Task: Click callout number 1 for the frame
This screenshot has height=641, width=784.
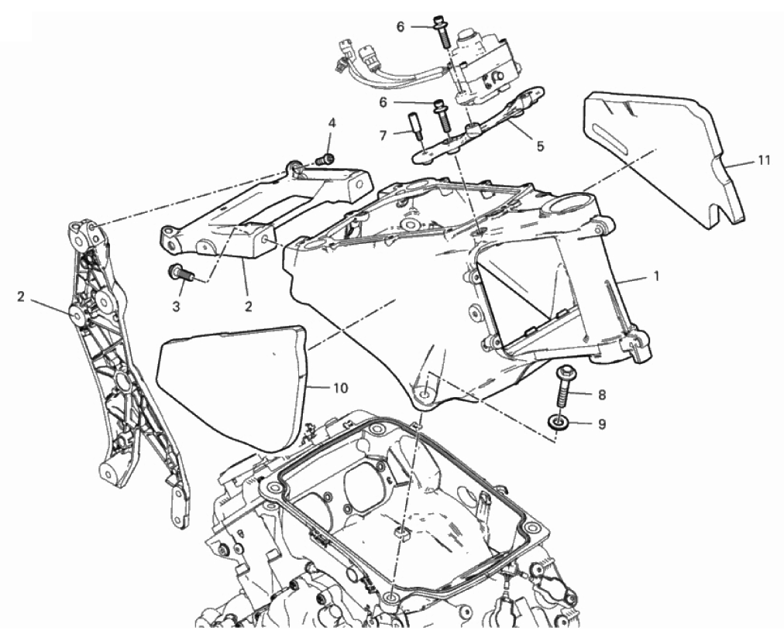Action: [656, 276]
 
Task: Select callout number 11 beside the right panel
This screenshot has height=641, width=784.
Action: [764, 160]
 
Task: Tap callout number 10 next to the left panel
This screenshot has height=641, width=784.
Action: [341, 388]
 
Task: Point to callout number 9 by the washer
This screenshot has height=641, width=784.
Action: [602, 424]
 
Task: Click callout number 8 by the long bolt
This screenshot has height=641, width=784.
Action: [602, 395]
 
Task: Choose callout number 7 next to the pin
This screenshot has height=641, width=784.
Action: [383, 135]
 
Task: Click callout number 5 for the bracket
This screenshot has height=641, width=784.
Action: [539, 146]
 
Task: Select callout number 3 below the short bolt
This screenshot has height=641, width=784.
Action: [176, 307]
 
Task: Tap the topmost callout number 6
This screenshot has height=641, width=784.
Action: [401, 27]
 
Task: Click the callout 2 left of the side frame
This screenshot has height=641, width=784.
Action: [20, 297]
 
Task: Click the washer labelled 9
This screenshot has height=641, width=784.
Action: [555, 423]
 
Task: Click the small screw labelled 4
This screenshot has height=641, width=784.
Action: [325, 159]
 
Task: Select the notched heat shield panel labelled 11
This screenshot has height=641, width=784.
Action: [665, 155]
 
